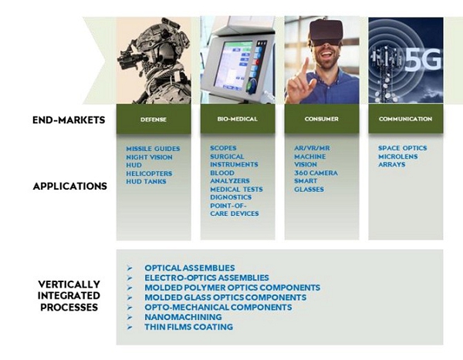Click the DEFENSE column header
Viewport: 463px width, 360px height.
pos(154,119)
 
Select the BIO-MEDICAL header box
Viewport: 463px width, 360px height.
pos(238,119)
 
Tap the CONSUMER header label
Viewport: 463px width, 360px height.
pos(322,119)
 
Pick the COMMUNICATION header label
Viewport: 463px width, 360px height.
pos(405,119)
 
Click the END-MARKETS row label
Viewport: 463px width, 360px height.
pos(69,120)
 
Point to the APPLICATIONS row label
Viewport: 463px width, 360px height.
pos(70,187)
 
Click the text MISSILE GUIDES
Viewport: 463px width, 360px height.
pos(153,149)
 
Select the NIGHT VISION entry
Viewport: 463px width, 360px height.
pos(149,157)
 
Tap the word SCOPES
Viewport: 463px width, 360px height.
pos(223,148)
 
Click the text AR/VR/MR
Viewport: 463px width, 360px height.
pos(312,148)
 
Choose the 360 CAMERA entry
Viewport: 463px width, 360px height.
pos(316,173)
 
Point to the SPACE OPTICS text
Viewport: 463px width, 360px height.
pos(403,148)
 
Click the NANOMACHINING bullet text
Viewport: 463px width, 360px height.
pos(183,317)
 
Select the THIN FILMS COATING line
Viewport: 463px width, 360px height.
pos(189,327)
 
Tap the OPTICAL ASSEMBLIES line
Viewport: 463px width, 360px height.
pos(190,268)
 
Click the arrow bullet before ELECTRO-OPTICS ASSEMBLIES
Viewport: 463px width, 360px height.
pos(130,278)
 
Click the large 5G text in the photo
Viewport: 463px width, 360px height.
pos(423,60)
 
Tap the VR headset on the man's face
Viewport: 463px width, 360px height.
pos(326,32)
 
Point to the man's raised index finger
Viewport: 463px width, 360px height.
pos(305,69)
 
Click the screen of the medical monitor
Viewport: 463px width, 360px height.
pos(233,66)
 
